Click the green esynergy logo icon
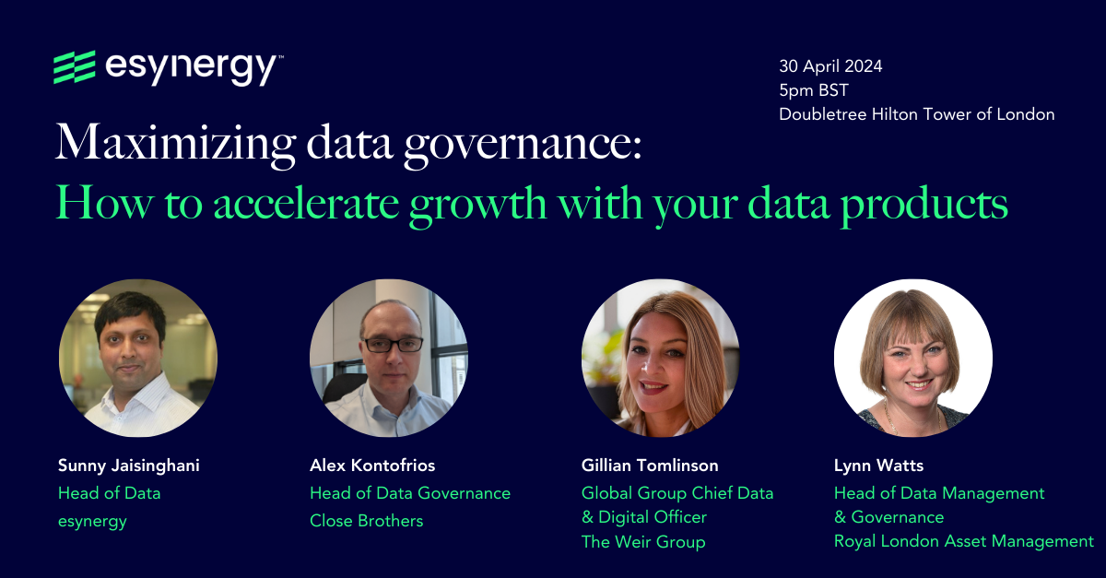point(75,68)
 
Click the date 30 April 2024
point(830,66)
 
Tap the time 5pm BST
point(813,90)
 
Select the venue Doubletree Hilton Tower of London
point(916,114)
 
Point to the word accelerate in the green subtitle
point(299,204)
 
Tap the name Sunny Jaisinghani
point(128,466)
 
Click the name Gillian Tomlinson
point(650,466)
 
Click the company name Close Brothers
point(367,521)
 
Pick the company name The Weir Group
point(643,542)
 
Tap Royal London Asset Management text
point(963,542)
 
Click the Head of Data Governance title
point(410,493)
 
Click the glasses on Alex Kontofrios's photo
point(393,344)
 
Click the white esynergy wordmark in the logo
point(194,68)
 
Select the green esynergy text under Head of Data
point(92,521)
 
